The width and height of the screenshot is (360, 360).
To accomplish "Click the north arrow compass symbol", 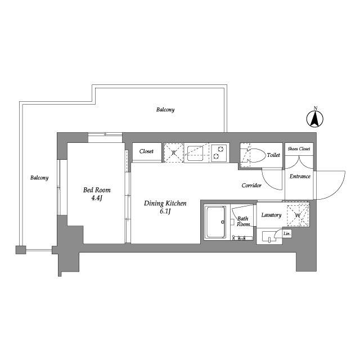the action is point(315,119).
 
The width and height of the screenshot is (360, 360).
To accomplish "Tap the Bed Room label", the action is point(97,190).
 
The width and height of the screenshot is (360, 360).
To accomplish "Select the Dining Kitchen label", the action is point(165,204).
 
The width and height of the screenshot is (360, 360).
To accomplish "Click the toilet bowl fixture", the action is point(256,155).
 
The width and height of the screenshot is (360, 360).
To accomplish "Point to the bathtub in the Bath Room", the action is point(216,222).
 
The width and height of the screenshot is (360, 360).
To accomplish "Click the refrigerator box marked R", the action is point(174,152).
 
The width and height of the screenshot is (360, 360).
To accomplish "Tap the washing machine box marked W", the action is point(298,215).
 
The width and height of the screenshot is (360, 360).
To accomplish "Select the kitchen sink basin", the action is point(195,154).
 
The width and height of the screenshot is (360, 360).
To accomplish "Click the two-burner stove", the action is point(219,152).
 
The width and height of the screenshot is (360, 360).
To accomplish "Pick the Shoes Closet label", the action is point(299,148).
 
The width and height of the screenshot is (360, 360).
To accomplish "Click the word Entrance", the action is point(300,176).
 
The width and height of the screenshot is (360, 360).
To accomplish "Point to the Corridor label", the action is point(251,185).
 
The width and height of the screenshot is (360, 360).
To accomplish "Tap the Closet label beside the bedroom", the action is point(146,151).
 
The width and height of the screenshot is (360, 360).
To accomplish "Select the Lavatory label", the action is point(271,215).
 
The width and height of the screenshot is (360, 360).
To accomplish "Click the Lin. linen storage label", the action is point(287,234).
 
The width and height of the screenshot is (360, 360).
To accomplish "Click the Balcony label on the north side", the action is point(165,110).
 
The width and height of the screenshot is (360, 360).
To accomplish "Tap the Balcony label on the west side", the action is point(39,178).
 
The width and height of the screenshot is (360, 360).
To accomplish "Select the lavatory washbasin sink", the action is point(269,236).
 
